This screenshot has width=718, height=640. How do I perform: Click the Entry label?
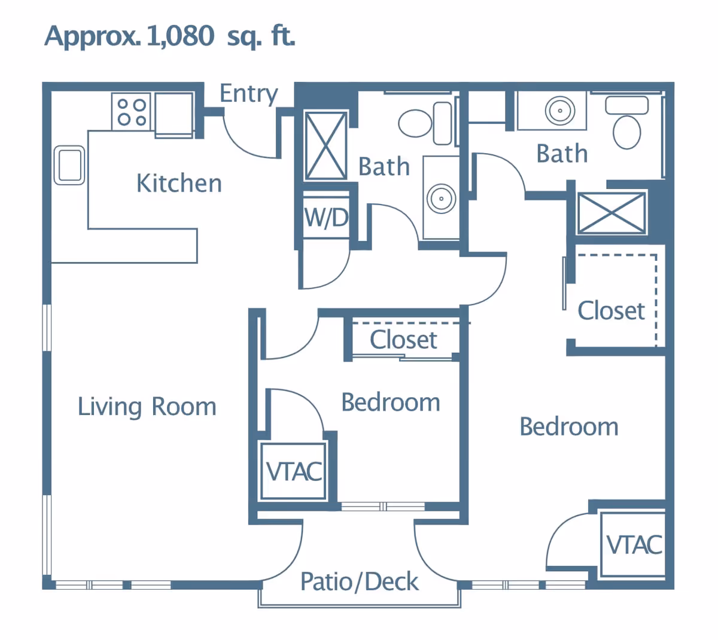[x=249, y=94]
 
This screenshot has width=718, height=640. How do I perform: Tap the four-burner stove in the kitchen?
[x=132, y=111]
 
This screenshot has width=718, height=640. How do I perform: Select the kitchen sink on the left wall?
[x=69, y=165]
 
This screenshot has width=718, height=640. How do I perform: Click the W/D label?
[x=327, y=217]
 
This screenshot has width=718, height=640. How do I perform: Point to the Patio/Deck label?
[x=360, y=582]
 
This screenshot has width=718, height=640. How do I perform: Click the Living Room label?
[x=147, y=407]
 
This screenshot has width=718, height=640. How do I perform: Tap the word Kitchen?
[x=180, y=183]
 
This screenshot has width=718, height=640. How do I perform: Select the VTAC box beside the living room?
[x=293, y=471]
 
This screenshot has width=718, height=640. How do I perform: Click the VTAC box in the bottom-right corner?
[x=633, y=544]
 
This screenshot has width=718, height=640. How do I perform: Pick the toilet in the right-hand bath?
[x=626, y=122]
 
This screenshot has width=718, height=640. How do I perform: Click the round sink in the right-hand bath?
[x=560, y=111]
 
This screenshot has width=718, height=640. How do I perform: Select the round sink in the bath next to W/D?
[x=441, y=199]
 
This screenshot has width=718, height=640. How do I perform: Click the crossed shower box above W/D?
[x=325, y=146]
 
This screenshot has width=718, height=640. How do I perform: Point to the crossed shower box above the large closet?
[x=611, y=214]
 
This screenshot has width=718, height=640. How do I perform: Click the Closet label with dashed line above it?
[x=403, y=340]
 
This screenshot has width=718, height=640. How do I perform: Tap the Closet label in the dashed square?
[x=611, y=311]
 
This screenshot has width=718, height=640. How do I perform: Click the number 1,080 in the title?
[x=180, y=36]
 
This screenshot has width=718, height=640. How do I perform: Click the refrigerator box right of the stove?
[x=174, y=115]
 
